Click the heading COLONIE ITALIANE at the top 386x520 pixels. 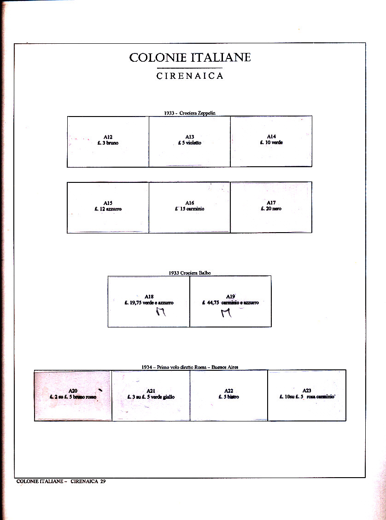(x=190, y=58)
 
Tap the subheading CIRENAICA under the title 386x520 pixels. (x=190, y=76)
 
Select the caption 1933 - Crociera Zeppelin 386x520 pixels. (x=189, y=113)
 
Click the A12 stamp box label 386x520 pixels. (x=108, y=137)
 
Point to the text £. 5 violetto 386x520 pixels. (x=190, y=143)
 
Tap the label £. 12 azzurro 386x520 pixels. (x=108, y=209)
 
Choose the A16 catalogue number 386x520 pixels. (x=190, y=203)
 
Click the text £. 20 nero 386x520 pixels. (x=271, y=209)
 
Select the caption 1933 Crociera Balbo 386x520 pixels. (x=190, y=273)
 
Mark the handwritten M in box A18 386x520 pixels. (x=161, y=313)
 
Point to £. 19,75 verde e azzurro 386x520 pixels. (x=149, y=303)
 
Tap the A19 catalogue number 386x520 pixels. (x=231, y=297)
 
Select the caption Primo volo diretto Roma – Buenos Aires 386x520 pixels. (x=190, y=367)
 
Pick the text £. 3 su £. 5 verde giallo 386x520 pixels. (x=151, y=397)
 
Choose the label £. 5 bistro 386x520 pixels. (x=229, y=397)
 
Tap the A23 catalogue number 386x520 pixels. (x=307, y=391)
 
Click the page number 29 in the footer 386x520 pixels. (x=103, y=481)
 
